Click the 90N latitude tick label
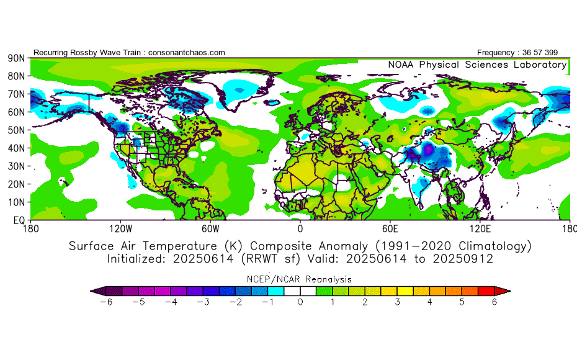click(16, 58)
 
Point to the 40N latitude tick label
click(16, 148)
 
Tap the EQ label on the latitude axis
click(19, 220)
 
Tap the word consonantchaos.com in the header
click(187, 53)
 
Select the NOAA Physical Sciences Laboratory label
click(477, 65)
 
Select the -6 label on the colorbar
click(107, 302)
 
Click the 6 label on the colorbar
click(495, 302)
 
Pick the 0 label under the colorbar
click(301, 302)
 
